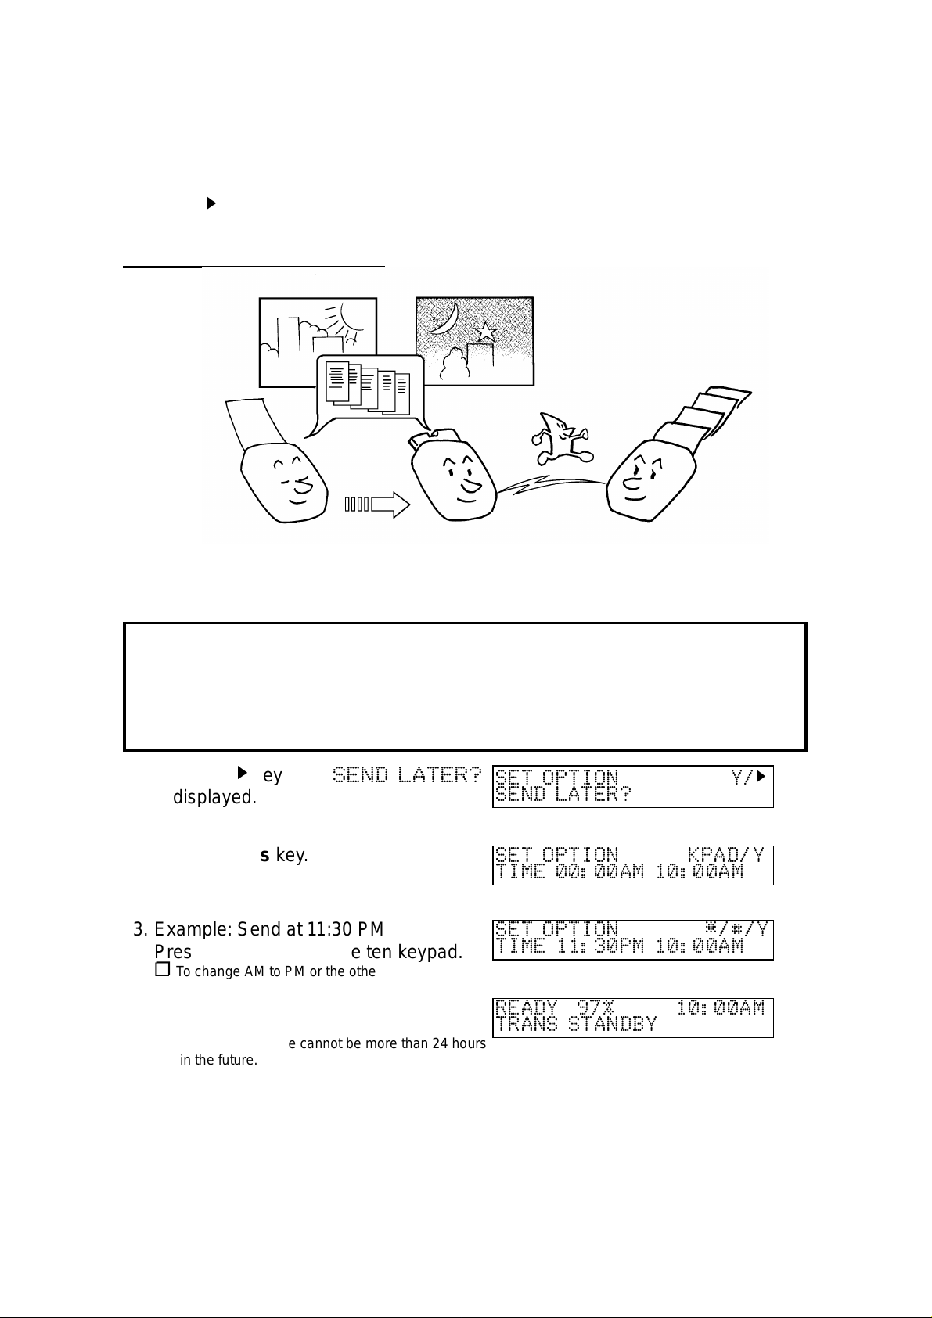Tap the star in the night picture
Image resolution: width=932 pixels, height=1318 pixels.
click(x=486, y=332)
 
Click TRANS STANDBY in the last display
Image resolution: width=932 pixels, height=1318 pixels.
click(x=576, y=1025)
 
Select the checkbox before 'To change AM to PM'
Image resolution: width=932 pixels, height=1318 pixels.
click(x=162, y=971)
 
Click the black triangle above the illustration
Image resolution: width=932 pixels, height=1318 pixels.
click(x=211, y=203)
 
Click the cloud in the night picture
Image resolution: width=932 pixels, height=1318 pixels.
click(x=455, y=363)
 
